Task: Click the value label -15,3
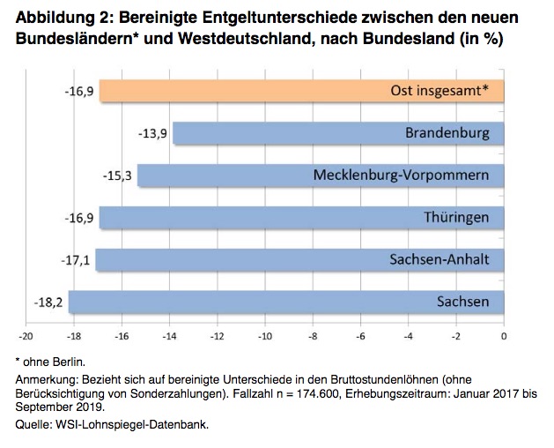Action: tap(118, 175)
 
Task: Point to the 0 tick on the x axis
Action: tap(504, 336)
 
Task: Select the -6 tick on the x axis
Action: tap(360, 336)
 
